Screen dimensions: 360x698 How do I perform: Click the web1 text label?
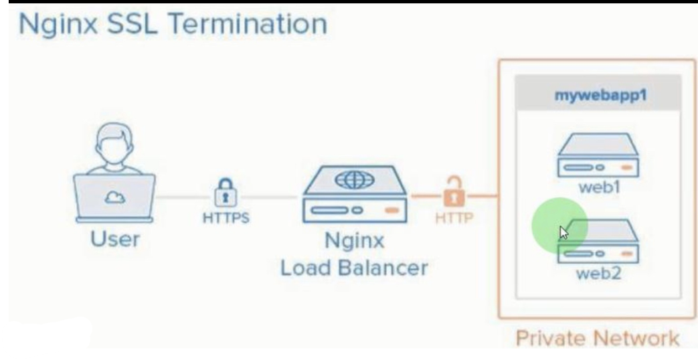pos(598,187)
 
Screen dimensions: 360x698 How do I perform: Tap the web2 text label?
pos(598,274)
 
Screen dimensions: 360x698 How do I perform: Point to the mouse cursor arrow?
pos(563,232)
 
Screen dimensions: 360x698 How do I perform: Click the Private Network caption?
pos(598,339)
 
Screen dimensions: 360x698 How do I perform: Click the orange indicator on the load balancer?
pos(391,211)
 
